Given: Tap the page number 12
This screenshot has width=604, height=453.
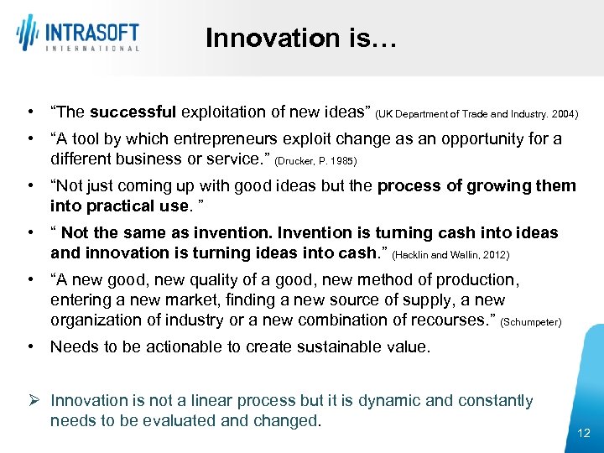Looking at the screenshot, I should [584, 433].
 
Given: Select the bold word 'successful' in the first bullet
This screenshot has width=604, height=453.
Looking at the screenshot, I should [133, 112].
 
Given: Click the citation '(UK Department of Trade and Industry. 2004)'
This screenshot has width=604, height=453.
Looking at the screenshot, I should [476, 113].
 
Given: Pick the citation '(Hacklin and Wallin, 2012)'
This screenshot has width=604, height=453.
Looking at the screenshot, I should [450, 254].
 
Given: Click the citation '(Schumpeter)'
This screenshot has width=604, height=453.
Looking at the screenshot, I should [530, 321].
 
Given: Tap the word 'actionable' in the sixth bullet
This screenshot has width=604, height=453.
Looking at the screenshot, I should [162, 346].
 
